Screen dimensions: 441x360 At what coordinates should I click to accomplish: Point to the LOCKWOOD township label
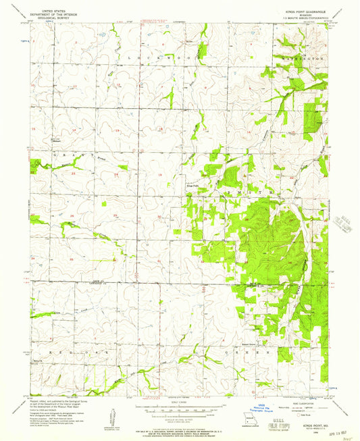click(x=162, y=59)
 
